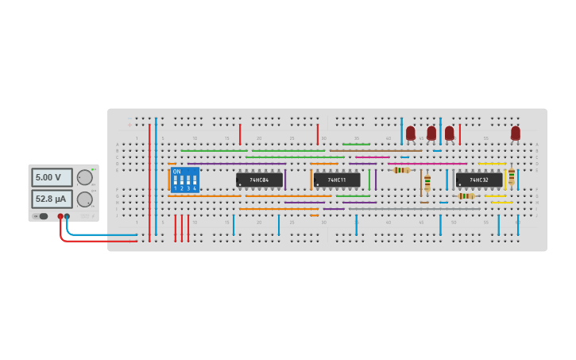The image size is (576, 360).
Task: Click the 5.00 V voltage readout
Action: pos(52,177)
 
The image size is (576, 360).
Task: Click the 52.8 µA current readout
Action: pos(52,199)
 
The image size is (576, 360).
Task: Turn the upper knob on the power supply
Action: pos(84,178)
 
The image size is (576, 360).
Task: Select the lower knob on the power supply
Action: pos(84,199)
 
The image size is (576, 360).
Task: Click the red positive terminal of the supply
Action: pos(60,216)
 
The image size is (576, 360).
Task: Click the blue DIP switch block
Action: pos(184,180)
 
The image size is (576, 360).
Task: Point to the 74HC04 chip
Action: pos(259,180)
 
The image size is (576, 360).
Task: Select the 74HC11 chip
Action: pos(337,180)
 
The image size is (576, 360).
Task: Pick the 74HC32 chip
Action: pos(478,180)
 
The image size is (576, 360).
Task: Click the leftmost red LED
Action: pos(410,133)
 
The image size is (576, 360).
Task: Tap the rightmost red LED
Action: pos(515,133)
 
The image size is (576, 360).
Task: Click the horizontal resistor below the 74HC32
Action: pos(466,195)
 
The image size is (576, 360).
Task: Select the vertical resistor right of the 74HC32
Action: pos(511,176)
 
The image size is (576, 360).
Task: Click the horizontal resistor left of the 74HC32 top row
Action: pos(402,170)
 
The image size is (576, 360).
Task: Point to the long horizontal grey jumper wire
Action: pos(413,209)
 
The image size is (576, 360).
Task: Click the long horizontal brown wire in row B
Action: pos(376,150)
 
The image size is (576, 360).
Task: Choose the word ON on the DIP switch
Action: pos(176,172)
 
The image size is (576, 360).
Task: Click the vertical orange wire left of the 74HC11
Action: pos(311,180)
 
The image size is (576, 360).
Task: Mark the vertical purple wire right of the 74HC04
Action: pos(285,180)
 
